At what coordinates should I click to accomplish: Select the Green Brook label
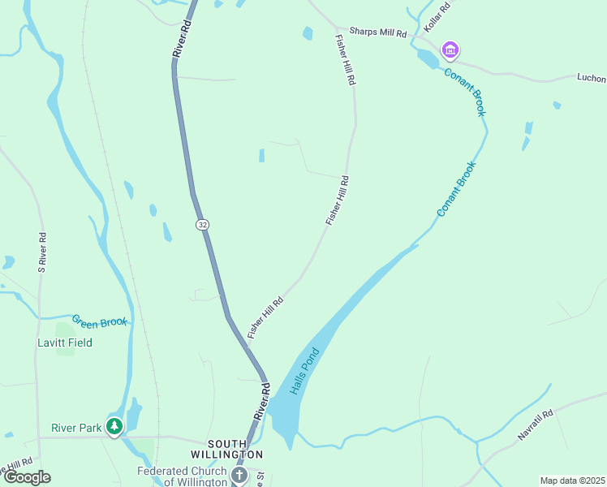(100, 321)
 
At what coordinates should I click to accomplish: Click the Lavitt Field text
(65, 343)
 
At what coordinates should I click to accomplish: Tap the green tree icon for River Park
(115, 425)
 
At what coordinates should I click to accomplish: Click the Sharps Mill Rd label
(377, 32)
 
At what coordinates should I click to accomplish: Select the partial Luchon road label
(591, 78)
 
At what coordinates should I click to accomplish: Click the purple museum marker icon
(450, 51)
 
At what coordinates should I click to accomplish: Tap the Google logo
(27, 477)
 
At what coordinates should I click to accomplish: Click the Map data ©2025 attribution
(572, 481)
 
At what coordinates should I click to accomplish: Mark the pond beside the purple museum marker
(426, 59)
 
